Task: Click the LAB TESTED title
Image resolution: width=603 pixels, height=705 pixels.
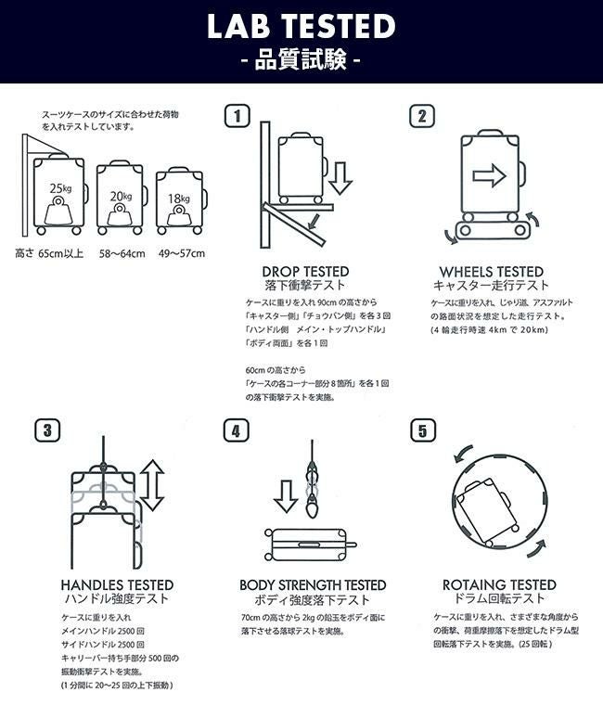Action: tap(301, 26)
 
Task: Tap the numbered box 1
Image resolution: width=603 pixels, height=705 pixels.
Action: tap(237, 116)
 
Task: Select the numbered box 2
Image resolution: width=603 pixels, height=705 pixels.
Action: tap(422, 116)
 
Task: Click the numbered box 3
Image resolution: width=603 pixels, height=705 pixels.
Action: tap(47, 430)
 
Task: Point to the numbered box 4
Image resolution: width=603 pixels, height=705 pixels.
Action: tap(236, 430)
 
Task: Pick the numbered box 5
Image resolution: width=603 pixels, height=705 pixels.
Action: tap(423, 430)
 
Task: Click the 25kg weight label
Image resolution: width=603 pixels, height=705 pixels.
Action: tap(60, 188)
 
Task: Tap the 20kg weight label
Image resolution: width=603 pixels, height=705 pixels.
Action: tap(121, 196)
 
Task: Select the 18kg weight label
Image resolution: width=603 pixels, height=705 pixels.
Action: tap(179, 199)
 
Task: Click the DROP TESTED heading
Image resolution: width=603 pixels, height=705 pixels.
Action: tap(305, 272)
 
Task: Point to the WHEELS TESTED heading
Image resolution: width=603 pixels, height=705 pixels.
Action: tap(492, 272)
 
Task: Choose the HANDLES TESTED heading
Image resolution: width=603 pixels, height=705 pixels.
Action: tap(117, 585)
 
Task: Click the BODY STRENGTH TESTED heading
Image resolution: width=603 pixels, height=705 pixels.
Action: tap(313, 585)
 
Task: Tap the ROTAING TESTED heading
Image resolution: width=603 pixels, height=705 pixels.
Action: tap(499, 584)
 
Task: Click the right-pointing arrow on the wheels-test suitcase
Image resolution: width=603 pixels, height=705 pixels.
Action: tap(489, 175)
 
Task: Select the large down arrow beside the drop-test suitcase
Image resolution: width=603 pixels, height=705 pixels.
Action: tap(340, 178)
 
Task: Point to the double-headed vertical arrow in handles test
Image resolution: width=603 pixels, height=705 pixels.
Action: tap(152, 485)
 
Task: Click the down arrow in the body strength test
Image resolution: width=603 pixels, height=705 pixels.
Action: tap(286, 496)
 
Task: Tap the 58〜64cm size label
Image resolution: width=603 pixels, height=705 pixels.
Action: tap(122, 253)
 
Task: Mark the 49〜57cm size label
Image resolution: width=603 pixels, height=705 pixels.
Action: tap(182, 253)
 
